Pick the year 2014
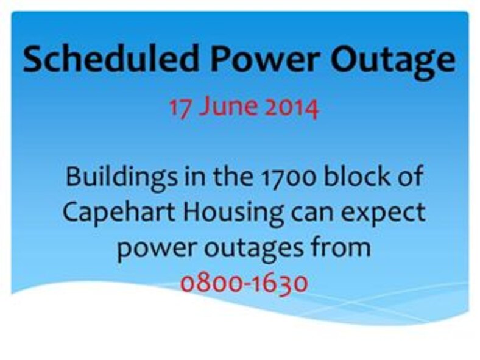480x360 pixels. point(289,108)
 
